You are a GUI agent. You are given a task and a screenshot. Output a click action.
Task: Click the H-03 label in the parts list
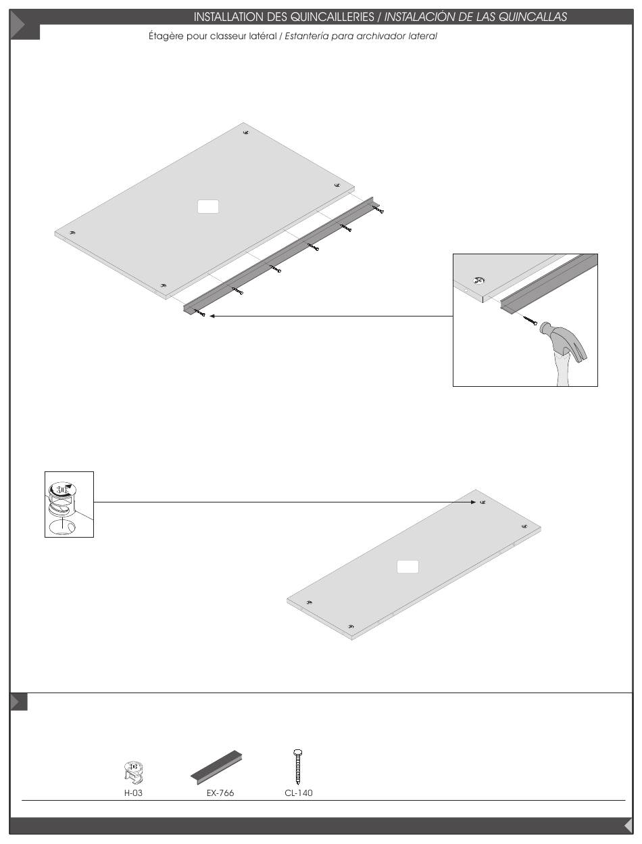point(133,793)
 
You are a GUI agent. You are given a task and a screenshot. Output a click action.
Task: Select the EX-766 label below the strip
point(220,793)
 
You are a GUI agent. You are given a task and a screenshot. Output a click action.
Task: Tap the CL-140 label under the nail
point(299,793)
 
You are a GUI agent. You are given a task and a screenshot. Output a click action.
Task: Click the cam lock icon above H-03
point(134,773)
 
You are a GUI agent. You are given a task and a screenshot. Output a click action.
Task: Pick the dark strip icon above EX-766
point(216,768)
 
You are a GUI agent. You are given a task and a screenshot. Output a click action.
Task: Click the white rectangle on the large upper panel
point(208,206)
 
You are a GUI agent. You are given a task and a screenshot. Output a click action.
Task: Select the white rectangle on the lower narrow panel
point(408,567)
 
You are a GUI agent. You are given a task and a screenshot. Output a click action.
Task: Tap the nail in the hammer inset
point(530,321)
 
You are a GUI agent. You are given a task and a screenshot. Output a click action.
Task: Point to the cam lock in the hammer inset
point(478,280)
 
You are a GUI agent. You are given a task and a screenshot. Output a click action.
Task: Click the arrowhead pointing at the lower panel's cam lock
point(474,502)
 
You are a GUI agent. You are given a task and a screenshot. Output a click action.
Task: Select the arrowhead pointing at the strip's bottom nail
point(212,316)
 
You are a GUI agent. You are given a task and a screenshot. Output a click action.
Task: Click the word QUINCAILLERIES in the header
point(332,17)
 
